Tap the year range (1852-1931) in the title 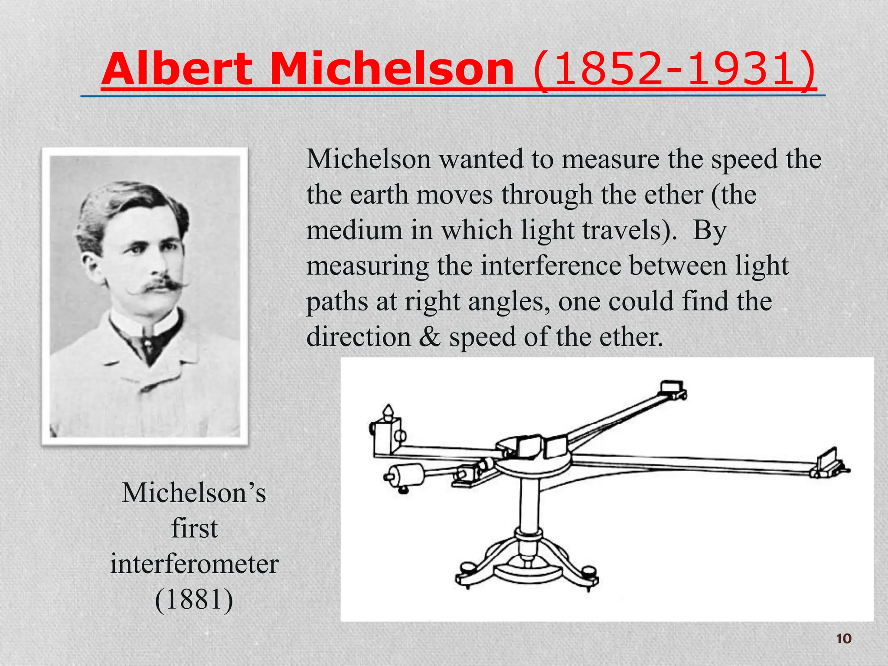674,69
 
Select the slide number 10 843,639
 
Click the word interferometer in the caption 194,565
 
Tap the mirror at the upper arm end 671,388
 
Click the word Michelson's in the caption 194,493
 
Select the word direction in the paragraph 359,337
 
